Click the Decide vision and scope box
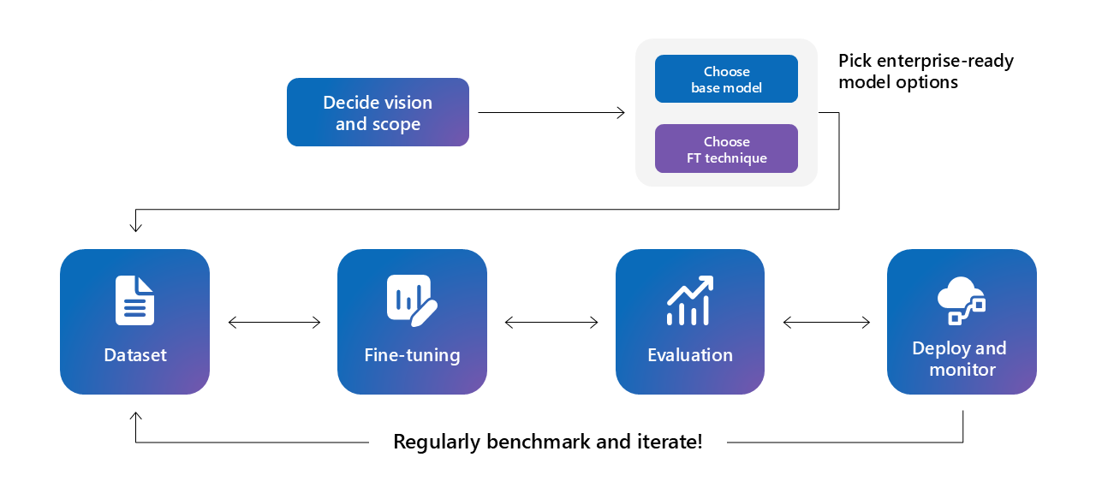tap(378, 112)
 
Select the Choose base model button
tap(726, 79)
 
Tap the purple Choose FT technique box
tap(726, 149)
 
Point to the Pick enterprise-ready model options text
tap(925, 72)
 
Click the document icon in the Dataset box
tap(135, 300)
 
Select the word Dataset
tap(135, 355)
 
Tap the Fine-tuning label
tap(412, 355)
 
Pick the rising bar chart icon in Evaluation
tap(690, 300)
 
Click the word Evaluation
tap(690, 355)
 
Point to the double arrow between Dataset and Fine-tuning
tap(274, 323)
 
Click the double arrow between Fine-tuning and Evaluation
tap(551, 323)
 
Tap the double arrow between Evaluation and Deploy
tap(826, 323)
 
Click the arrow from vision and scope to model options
tap(551, 112)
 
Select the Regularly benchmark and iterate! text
tap(548, 443)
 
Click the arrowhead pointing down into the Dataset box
tap(135, 227)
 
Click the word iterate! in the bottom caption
tap(671, 443)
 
